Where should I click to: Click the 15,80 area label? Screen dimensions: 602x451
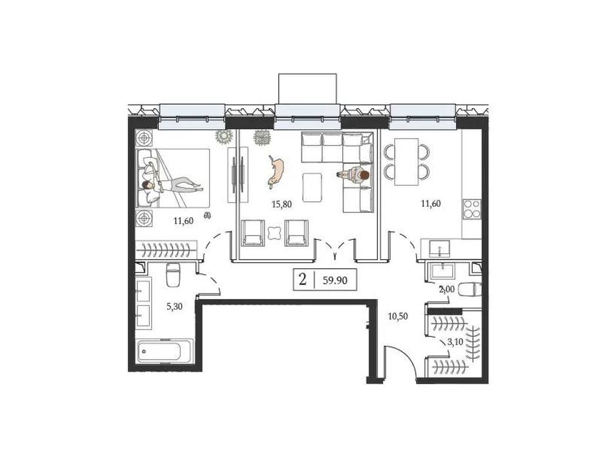(x=282, y=204)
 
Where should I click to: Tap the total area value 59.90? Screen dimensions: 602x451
(x=335, y=280)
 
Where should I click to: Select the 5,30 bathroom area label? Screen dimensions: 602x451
(x=174, y=307)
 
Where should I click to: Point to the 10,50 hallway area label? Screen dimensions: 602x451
(x=398, y=317)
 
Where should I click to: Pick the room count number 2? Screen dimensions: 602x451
(x=303, y=280)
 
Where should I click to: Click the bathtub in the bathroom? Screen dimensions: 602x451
(x=165, y=350)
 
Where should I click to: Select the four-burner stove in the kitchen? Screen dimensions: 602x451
(x=472, y=209)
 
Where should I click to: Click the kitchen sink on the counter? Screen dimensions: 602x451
(x=440, y=248)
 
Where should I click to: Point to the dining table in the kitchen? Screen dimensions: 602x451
(x=406, y=161)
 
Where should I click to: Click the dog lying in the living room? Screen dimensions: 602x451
(x=275, y=171)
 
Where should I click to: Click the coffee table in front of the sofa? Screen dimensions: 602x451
(x=312, y=187)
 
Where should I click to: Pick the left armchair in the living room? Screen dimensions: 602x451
(x=253, y=233)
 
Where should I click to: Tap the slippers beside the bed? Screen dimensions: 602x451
(x=208, y=216)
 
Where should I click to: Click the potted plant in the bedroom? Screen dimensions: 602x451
(x=223, y=136)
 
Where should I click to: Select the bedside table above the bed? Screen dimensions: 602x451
(x=145, y=138)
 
